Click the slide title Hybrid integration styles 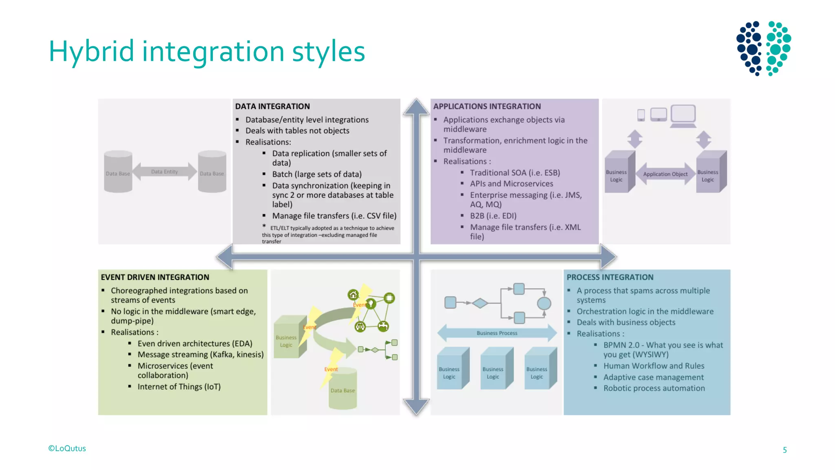tap(207, 52)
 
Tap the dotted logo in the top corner tap(763, 48)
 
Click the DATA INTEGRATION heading tap(272, 106)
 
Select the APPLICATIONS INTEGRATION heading tap(487, 106)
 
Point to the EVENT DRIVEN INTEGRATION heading tap(155, 277)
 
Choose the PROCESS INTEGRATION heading tap(610, 277)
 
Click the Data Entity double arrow tap(164, 172)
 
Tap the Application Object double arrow tap(665, 174)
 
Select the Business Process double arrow tap(497, 333)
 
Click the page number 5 tap(784, 450)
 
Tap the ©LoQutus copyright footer tap(67, 448)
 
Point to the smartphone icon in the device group tap(641, 115)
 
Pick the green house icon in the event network tap(353, 295)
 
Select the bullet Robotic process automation tap(654, 388)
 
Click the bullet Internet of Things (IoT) tap(179, 387)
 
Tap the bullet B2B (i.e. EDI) tap(493, 216)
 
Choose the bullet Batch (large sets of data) tap(317, 174)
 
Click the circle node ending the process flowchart tap(544, 303)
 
